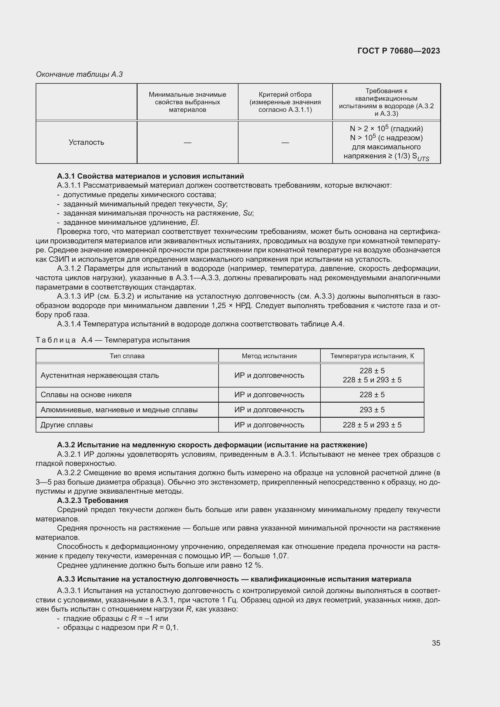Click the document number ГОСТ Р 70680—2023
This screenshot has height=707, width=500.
click(398, 51)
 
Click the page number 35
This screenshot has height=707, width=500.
click(436, 643)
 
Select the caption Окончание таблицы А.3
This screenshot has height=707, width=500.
click(79, 74)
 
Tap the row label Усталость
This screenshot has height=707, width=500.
click(86, 142)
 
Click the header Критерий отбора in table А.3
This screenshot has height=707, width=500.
click(285, 95)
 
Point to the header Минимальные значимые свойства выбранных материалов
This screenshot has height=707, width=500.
click(187, 102)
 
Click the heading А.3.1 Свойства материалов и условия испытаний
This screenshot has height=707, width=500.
click(150, 176)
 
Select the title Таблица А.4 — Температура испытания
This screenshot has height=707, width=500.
click(112, 340)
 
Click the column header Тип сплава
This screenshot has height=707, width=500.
click(127, 356)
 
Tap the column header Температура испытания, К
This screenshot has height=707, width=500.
click(372, 356)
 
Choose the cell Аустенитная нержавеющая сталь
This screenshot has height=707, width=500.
click(99, 375)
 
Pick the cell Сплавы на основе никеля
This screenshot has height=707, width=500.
click(86, 395)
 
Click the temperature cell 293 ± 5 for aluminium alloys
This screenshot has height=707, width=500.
click(372, 410)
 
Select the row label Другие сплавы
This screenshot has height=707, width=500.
click(67, 425)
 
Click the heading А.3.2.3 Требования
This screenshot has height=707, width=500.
click(93, 500)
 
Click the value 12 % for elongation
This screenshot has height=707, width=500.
click(254, 565)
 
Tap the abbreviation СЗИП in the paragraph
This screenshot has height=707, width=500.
click(59, 259)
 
